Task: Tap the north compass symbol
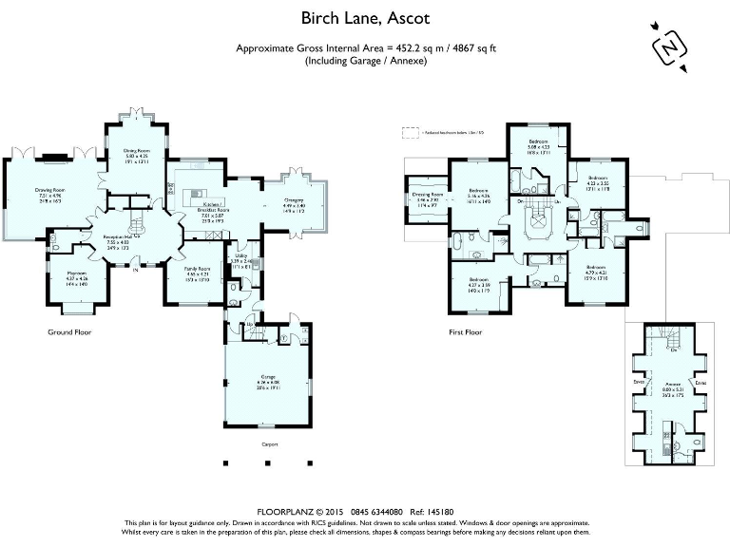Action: click(668, 47)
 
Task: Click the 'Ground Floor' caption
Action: click(68, 332)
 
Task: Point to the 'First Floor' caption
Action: click(466, 332)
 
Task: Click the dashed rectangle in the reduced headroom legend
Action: click(411, 132)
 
